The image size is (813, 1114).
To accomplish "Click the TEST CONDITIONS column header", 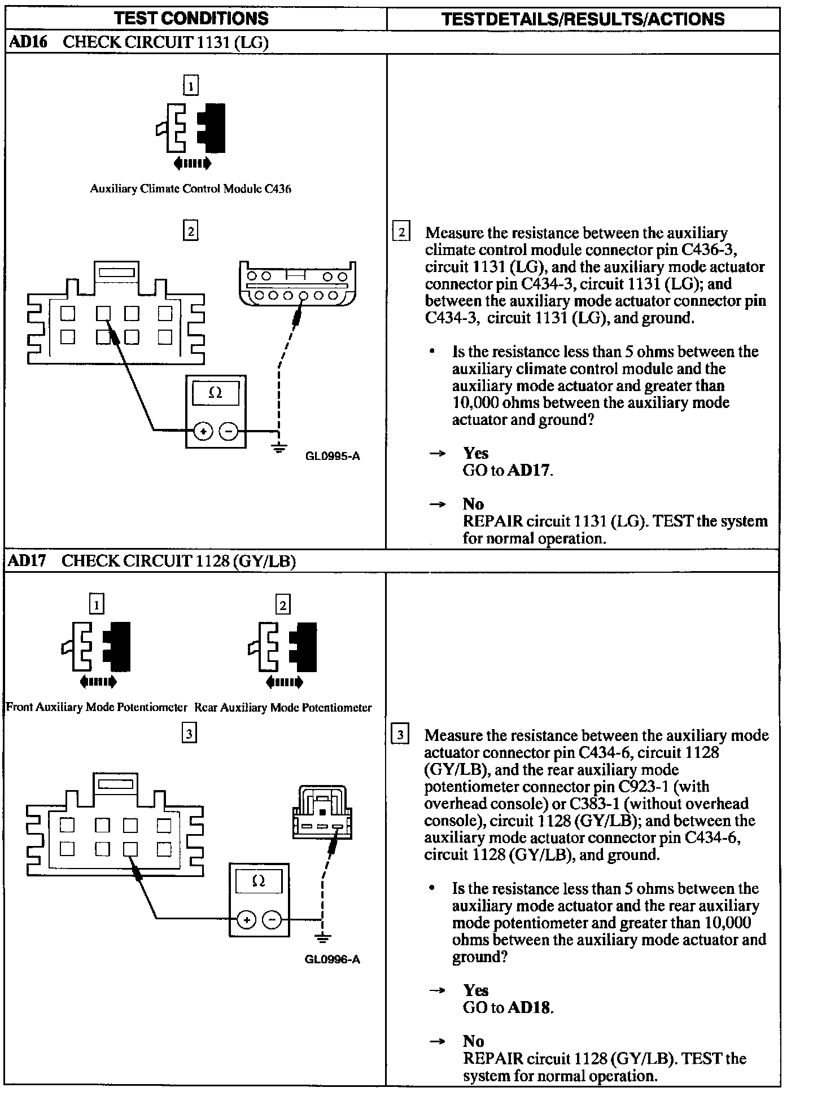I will point(191,18).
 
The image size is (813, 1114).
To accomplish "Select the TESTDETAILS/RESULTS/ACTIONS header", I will point(583,19).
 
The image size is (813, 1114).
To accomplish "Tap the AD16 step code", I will point(27,43).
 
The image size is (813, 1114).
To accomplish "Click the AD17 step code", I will point(26,561).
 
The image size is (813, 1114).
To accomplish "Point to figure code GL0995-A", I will point(332,456).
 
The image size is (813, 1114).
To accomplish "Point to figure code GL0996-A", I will point(332,959).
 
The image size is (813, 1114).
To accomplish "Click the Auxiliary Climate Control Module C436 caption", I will point(191,189).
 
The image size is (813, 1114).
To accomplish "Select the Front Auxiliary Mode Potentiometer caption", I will point(97,707).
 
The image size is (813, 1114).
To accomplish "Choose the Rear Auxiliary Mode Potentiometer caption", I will point(283,707).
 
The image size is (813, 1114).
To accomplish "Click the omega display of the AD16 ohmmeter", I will point(216,393).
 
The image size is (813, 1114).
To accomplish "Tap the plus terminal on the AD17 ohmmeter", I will point(246,920).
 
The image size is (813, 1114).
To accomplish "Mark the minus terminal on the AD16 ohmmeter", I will point(229,432).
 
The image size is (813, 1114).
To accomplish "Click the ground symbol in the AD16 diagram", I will point(277,448).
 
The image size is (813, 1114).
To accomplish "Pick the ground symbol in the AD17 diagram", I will point(322,938).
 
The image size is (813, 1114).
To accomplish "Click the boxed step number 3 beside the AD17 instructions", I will point(400,735).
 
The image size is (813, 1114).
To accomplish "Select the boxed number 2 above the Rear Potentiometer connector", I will point(283,606).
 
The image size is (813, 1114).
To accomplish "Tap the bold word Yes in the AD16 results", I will point(475,453).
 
